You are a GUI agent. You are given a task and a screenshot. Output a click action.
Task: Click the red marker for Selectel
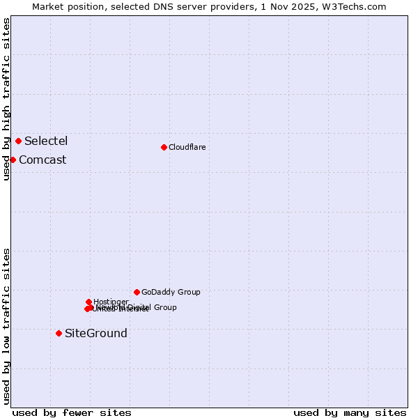point(18,141)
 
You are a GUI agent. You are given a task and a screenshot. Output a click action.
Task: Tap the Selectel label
point(46,141)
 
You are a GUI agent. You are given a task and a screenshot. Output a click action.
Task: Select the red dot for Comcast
point(13,160)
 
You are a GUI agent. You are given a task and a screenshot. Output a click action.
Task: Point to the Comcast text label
point(42,160)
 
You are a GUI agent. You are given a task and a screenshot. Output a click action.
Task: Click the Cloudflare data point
point(164,147)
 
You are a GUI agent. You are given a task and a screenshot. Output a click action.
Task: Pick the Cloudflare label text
point(187,147)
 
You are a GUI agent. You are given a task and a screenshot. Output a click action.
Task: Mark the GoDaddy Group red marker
point(137,292)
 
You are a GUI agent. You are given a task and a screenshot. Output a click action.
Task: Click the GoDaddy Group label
point(171,292)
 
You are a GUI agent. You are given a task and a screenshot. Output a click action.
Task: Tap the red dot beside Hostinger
point(88,302)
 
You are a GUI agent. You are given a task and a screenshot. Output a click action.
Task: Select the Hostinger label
point(111,302)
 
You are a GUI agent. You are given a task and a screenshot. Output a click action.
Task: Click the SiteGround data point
point(59,333)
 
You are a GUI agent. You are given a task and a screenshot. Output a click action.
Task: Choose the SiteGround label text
point(96,333)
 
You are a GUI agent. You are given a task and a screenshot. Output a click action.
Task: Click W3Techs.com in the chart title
point(357,6)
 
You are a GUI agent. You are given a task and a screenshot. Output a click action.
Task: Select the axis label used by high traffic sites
point(6,99)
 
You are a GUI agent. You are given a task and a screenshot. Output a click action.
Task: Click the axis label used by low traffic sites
point(6,325)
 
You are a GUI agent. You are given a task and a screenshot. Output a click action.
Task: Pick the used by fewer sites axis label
point(72,412)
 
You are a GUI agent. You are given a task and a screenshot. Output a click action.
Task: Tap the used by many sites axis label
point(350,412)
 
